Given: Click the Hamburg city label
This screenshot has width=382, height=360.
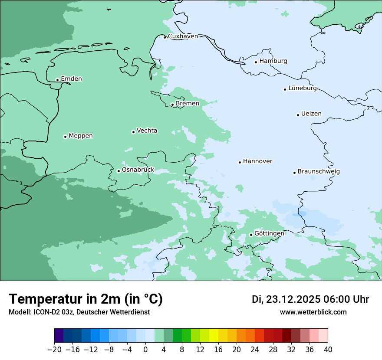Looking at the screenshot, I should [273, 61].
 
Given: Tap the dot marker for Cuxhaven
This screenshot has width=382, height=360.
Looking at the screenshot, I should [165, 37].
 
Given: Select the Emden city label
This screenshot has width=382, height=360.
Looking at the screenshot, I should [71, 79].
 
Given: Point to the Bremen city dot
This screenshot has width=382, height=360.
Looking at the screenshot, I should [172, 105].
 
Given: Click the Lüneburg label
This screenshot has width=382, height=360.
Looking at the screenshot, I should [302, 88].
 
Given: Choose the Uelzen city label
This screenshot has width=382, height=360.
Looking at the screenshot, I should [311, 114].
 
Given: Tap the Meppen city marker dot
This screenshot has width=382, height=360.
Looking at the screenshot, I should [65, 137].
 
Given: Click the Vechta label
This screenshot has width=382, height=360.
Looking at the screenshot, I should [147, 131].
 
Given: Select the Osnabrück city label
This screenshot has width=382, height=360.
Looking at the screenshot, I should [138, 170].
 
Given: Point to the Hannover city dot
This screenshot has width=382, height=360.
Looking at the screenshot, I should [240, 162].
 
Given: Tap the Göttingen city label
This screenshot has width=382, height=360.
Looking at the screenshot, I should [269, 233].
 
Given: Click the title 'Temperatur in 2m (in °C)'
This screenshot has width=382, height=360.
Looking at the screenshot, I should [86, 299].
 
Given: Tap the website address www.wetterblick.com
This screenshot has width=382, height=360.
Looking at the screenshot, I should [313, 312].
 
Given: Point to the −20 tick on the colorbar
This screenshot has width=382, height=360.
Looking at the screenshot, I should [54, 350].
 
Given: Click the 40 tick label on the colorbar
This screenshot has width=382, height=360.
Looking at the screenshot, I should [328, 350].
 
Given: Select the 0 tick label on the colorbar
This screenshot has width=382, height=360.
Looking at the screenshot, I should [145, 350].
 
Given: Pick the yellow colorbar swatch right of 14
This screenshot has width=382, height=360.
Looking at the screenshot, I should [214, 336].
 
